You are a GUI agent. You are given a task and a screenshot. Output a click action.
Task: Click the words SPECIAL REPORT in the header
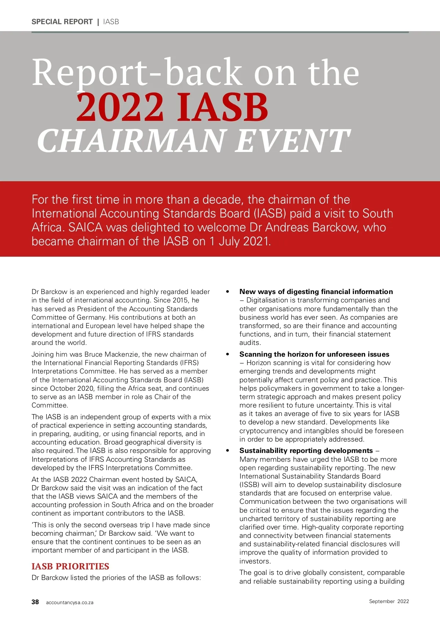62,22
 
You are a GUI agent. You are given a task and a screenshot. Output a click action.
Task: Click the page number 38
35,602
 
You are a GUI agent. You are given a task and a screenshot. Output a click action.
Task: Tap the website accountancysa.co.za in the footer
70,602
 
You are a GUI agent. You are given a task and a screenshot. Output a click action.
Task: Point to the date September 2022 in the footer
389,601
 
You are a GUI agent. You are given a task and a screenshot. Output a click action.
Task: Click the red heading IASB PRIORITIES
70,566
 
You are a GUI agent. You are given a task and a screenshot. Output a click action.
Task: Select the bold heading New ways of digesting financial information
316,291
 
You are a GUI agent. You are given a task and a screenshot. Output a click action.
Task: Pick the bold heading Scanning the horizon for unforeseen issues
314,354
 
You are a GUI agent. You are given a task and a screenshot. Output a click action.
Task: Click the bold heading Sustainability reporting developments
306,450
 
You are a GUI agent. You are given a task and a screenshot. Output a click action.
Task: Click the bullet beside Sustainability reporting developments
228,451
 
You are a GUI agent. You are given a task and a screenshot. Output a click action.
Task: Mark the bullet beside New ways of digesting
228,292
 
